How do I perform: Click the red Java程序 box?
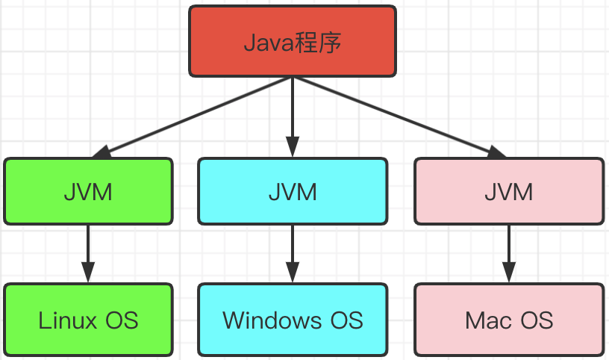pos(293,41)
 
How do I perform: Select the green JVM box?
pos(88,191)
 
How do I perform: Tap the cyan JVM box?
pos(293,191)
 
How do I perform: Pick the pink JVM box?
pos(509,191)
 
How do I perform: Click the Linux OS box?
pos(88,320)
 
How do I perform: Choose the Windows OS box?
pos(293,320)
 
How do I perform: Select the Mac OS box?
pos(509,320)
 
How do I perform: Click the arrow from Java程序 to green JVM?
pos(190,116)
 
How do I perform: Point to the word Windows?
pos(266,320)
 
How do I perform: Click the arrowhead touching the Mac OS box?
pos(509,273)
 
